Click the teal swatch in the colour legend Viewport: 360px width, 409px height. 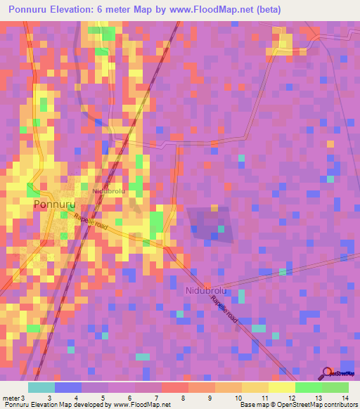[x=41, y=387]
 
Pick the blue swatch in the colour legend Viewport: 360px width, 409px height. [x=68, y=387]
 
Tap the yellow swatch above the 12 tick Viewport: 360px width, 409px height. [x=282, y=387]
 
